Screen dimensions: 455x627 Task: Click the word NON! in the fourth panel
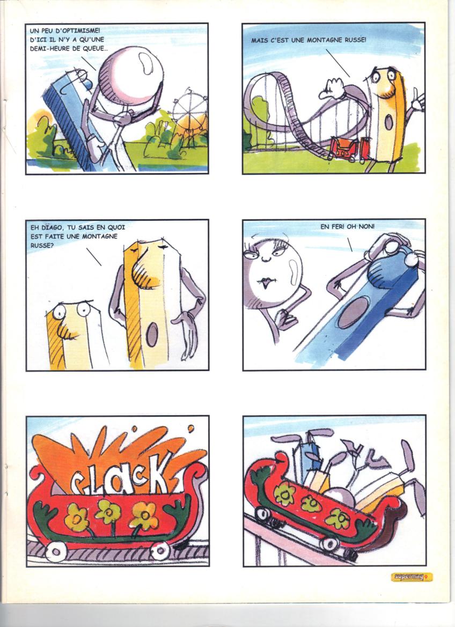366,226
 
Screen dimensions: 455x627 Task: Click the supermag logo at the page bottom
412,577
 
